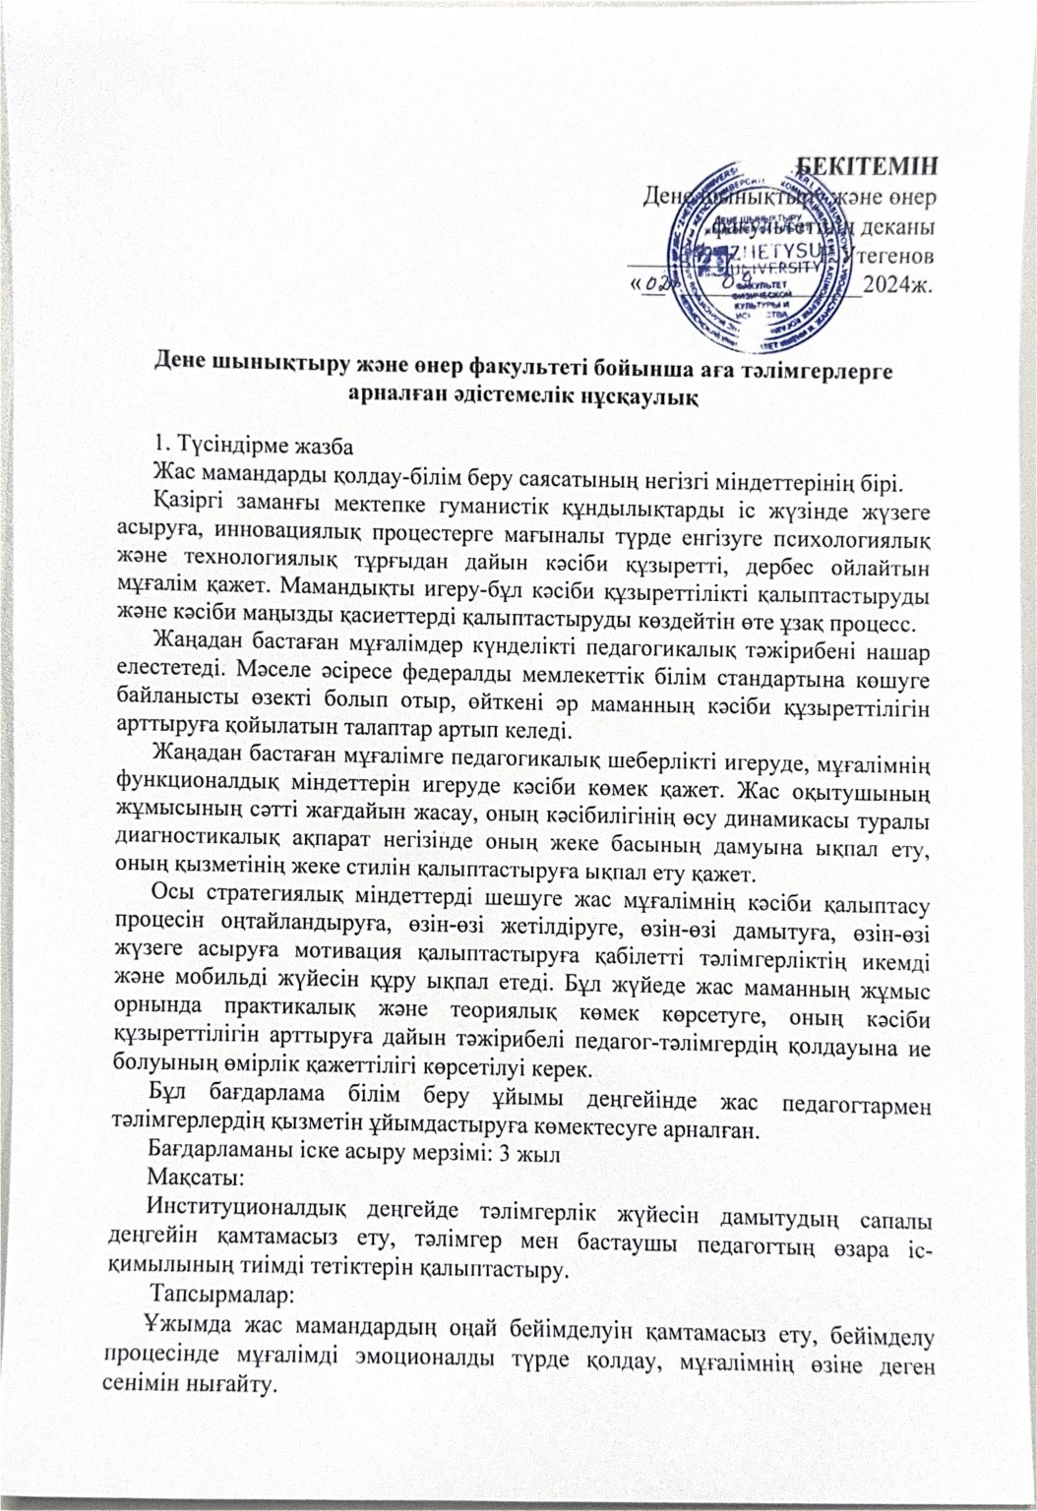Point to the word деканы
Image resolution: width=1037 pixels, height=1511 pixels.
pyautogui.click(x=897, y=226)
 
